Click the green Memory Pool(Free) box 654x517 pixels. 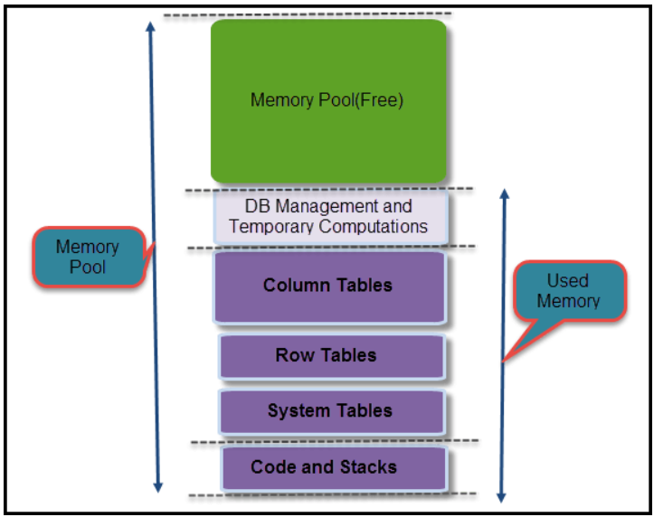tap(328, 101)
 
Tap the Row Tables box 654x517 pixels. tap(331, 356)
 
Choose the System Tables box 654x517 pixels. tap(331, 411)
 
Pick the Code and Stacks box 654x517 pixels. tap(334, 467)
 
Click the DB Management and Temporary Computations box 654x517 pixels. tap(329, 217)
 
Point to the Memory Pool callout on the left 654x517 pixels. tap(88, 257)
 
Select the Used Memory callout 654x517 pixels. tap(568, 291)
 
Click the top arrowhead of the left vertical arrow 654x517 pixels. tap(151, 27)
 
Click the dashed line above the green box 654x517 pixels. tap(308, 14)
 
